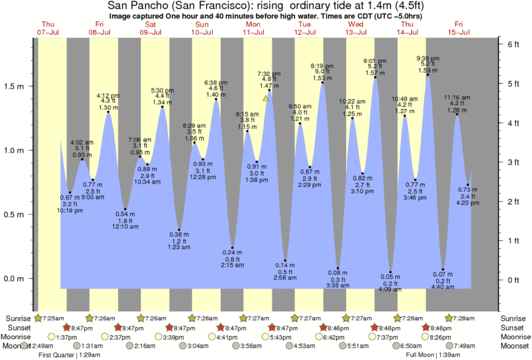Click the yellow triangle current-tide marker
coord(266,98)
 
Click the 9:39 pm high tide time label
coord(428,58)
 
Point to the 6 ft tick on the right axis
coord(510,44)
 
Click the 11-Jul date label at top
coord(253,32)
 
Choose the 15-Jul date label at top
coord(458,32)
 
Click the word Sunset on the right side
coord(512,327)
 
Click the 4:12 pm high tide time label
coord(108,95)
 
